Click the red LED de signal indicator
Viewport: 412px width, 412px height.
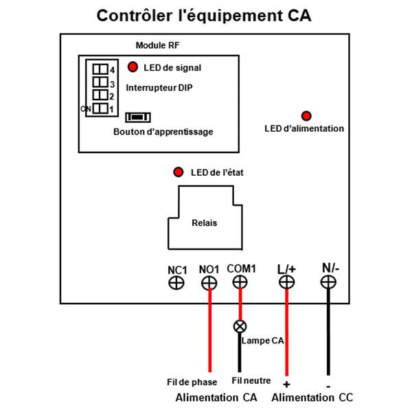click(x=133, y=67)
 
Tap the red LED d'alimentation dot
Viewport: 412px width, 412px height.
click(x=306, y=116)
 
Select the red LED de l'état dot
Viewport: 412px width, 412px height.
click(x=178, y=172)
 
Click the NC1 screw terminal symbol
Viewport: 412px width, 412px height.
click(x=176, y=283)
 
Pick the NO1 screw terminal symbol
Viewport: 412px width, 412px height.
click(x=209, y=283)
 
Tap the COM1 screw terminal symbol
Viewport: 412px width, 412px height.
click(x=240, y=282)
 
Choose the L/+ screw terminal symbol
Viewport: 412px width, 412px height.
click(x=286, y=282)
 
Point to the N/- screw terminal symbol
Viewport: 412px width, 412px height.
click(x=328, y=282)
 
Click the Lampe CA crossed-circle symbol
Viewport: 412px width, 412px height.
click(x=240, y=326)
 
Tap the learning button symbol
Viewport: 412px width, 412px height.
click(x=138, y=117)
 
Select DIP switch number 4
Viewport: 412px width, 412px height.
click(x=100, y=69)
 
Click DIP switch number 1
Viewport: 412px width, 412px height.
click(x=100, y=108)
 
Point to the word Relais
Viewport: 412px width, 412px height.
click(x=205, y=222)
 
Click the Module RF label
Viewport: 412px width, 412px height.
click(x=157, y=45)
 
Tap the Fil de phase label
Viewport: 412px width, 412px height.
click(x=192, y=382)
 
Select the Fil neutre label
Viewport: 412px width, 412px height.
click(x=251, y=380)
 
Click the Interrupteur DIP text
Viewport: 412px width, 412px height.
click(x=159, y=87)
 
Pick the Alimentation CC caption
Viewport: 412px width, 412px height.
click(x=312, y=398)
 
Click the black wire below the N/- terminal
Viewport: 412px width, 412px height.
click(x=328, y=332)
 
